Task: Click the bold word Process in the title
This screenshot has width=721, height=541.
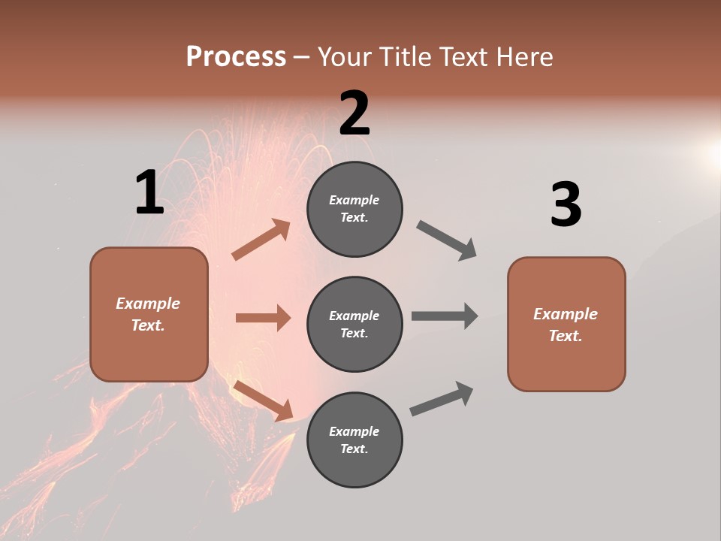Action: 236,56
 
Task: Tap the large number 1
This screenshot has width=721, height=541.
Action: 149,193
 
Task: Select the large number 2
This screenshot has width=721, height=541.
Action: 354,113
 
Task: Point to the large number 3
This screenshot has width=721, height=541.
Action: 566,205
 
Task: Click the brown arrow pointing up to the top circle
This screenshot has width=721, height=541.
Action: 261,240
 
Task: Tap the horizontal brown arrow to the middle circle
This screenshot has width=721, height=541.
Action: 263,318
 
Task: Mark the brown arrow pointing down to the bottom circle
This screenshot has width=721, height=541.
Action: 263,400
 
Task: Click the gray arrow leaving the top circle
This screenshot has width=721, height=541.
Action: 447,240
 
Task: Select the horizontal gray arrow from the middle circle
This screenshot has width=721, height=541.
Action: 445,316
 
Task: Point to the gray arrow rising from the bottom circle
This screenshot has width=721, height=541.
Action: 442,399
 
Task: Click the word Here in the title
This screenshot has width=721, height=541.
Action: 523,56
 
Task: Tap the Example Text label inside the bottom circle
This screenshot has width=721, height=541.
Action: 354,440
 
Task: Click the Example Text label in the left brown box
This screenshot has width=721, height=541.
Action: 149,314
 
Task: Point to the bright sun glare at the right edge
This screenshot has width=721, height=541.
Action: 712,154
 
